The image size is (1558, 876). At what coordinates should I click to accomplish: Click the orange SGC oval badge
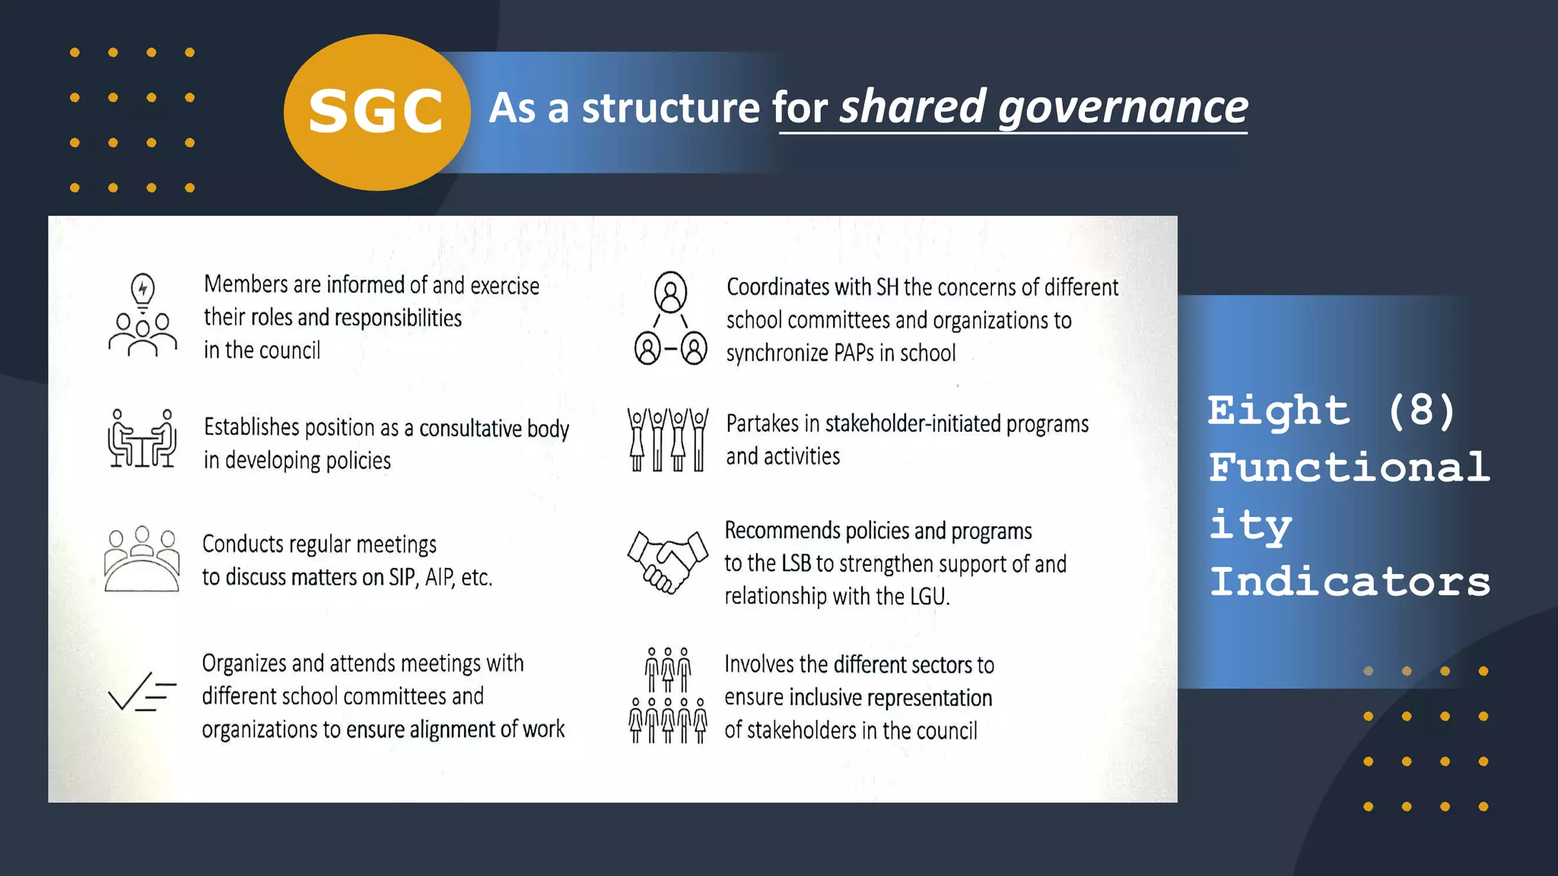coord(376,112)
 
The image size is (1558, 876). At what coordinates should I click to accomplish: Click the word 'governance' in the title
coord(1123,107)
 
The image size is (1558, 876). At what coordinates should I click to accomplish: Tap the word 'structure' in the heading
coord(670,108)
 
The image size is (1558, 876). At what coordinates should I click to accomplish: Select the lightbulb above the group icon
coord(142,290)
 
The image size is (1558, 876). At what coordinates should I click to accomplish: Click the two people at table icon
coord(141,439)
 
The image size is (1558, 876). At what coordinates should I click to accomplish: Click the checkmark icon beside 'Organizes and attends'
coord(141,691)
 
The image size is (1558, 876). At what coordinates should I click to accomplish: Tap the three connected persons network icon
coord(670,319)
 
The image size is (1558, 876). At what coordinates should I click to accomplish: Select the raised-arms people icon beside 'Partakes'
coord(667,440)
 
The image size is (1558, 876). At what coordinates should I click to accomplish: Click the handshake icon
coord(666,561)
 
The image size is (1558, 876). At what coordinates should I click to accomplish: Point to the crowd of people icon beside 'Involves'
coord(667,695)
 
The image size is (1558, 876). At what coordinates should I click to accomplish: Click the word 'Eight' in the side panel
coord(1279,411)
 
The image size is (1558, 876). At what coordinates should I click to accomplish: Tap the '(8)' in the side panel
coord(1421,411)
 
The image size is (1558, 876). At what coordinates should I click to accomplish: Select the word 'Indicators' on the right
coord(1350,582)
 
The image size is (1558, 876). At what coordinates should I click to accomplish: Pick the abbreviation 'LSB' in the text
coord(796,563)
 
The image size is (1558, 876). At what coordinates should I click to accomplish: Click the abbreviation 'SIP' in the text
coord(402,577)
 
